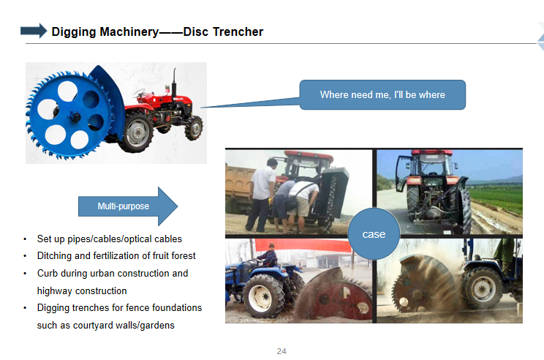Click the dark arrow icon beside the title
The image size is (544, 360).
click(34, 31)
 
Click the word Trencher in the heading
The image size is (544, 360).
click(238, 32)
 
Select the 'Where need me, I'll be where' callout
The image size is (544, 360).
click(382, 95)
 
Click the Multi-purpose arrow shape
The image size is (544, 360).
click(128, 206)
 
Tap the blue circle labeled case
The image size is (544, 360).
click(374, 233)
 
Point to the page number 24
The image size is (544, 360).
click(282, 351)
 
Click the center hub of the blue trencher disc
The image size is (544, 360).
click(75, 116)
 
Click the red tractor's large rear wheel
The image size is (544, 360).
click(137, 132)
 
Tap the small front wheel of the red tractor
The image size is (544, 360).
click(194, 128)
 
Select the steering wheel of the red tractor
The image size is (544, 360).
click(140, 93)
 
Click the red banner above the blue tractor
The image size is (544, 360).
click(304, 245)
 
